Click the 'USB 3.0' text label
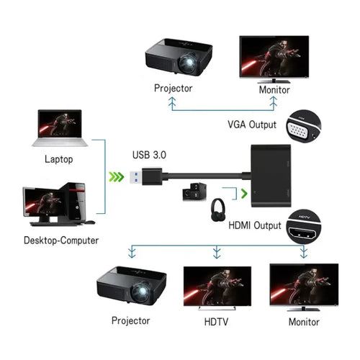tap(149, 155)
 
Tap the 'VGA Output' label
tap(252, 125)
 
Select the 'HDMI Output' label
tap(255, 225)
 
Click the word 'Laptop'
tap(59, 159)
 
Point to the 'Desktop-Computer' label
tap(61, 240)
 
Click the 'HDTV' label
tap(216, 322)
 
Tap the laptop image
tap(60, 128)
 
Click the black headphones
tap(218, 210)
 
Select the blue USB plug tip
tap(135, 177)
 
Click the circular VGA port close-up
tap(304, 126)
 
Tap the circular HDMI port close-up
tap(304, 227)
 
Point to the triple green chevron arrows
tap(117, 177)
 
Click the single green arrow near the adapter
tap(244, 194)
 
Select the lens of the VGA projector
tap(189, 63)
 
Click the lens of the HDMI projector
tap(141, 292)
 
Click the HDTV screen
tap(217, 286)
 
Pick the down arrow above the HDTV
tap(217, 252)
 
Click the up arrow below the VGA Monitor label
tap(274, 103)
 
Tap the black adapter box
tap(271, 176)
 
